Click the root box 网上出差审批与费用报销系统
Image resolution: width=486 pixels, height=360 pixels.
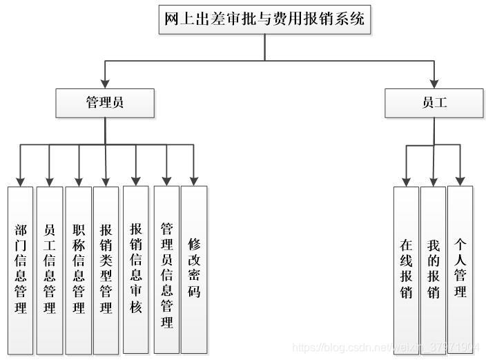point(264,19)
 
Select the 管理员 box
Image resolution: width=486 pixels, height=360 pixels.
point(105,103)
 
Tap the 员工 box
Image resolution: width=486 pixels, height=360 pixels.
point(434,103)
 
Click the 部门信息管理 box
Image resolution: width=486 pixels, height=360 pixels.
point(21,269)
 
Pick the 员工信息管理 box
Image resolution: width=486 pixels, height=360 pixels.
point(50,269)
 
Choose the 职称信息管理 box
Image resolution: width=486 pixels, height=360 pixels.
point(79,269)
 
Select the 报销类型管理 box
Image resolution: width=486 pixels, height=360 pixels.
point(106,269)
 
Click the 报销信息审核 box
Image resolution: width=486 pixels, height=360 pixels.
point(136,269)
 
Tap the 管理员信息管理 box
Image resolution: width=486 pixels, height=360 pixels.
point(166,269)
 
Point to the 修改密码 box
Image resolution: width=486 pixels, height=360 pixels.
point(194,269)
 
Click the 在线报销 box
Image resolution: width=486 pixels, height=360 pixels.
point(406,269)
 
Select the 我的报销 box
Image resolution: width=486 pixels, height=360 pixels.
point(433,269)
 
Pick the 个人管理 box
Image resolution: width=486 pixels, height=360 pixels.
point(460,269)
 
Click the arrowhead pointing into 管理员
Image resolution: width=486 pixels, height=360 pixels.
point(105,84)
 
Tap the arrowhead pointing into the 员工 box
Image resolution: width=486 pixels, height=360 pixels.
point(434,84)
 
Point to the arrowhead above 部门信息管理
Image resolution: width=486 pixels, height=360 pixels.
point(21,181)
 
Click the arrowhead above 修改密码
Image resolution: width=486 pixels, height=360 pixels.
point(194,181)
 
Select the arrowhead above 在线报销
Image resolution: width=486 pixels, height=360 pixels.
point(406,181)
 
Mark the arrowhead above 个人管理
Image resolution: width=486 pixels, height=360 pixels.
point(460,181)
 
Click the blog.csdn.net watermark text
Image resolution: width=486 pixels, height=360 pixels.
point(387,347)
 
